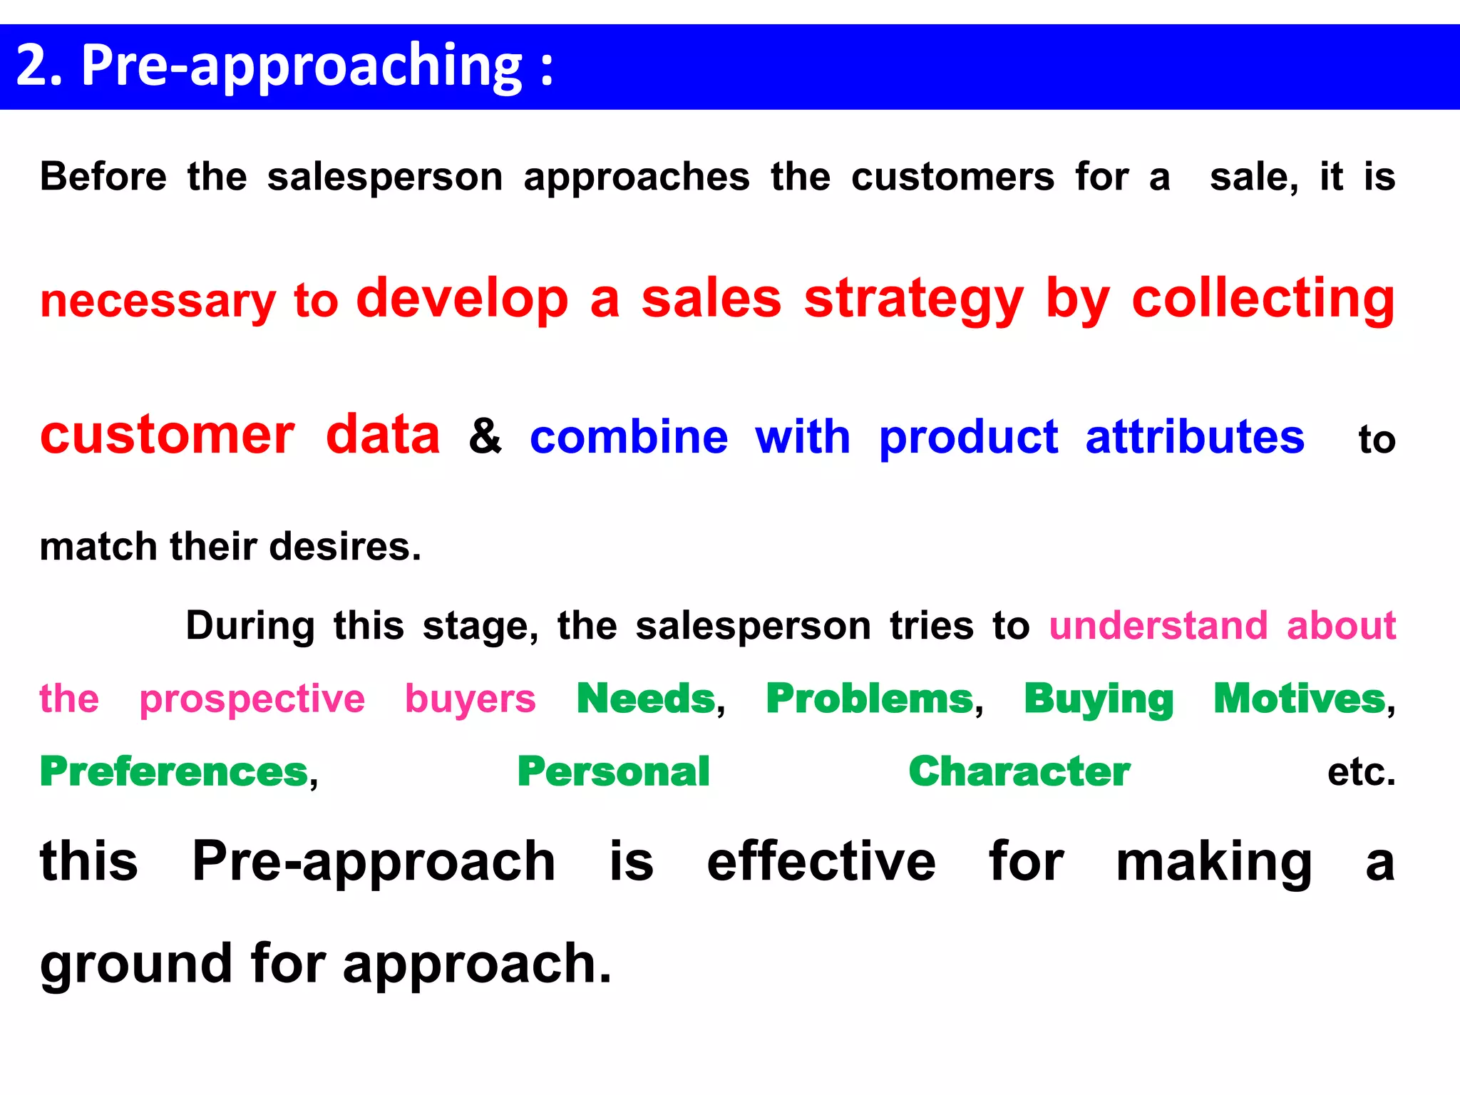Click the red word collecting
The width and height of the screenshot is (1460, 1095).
pyautogui.click(x=1263, y=299)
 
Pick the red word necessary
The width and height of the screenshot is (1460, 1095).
pyautogui.click(x=158, y=302)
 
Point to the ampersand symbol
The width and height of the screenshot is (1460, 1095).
pyautogui.click(x=485, y=436)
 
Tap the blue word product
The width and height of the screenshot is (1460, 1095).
pyautogui.click(x=968, y=438)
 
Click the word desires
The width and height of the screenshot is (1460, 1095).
pyautogui.click(x=345, y=547)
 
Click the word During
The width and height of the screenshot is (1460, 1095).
pyautogui.click(x=250, y=626)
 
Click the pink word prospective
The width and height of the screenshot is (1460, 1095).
pyautogui.click(x=252, y=699)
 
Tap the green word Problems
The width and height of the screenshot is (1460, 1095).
pyautogui.click(x=870, y=698)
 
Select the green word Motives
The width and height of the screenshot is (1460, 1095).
pyautogui.click(x=1300, y=698)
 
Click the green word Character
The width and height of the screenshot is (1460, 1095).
pyautogui.click(x=1019, y=771)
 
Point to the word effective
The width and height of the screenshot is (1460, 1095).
pyautogui.click(x=821, y=861)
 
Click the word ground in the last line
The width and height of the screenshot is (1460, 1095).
pyautogui.click(x=136, y=965)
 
